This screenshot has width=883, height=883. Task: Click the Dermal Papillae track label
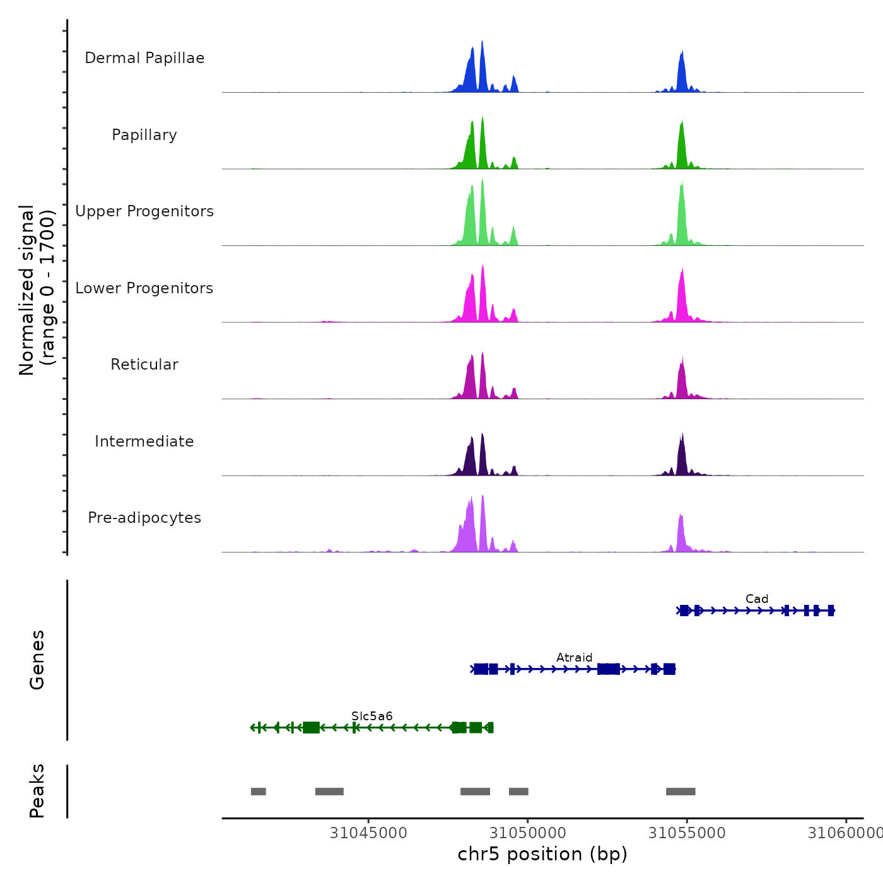coord(144,58)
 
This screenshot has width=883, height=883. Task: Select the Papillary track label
coord(144,135)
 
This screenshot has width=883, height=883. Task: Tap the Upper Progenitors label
coord(144,211)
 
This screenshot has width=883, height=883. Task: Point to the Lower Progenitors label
coord(144,288)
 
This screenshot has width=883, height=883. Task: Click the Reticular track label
coord(144,365)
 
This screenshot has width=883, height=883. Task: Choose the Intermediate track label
coord(144,441)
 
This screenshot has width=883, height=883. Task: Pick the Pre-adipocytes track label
coord(144,518)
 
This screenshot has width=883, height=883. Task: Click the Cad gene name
coord(757,599)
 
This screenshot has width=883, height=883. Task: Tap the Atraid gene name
coord(574,658)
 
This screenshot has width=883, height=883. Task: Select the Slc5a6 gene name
coord(372,716)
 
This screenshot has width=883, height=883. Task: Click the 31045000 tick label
coord(368,833)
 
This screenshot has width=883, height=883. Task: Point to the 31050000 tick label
coord(528,833)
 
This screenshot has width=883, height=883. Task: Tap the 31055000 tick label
coord(687,833)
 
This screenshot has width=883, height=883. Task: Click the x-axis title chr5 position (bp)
coord(542,854)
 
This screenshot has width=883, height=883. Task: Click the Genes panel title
coord(37,660)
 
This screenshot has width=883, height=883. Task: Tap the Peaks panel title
coord(37,791)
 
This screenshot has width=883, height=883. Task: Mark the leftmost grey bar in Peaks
coord(258,792)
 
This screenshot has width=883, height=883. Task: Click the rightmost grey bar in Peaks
coord(681,792)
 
